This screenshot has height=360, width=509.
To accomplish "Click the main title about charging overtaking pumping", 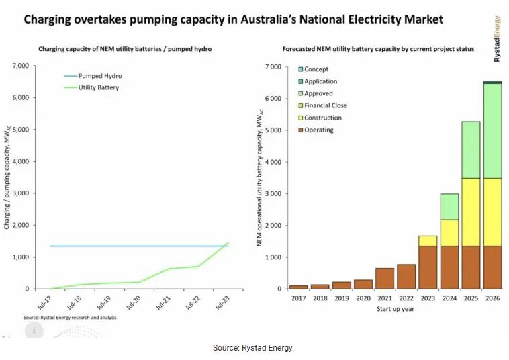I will pyautogui.click(x=233, y=19).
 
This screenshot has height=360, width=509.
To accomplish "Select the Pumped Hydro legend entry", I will pyautogui.click(x=100, y=76).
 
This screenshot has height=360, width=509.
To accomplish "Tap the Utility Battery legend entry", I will pyautogui.click(x=100, y=87).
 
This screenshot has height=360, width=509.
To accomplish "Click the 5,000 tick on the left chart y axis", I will pyautogui.click(x=20, y=130).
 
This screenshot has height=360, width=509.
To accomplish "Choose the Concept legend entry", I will pyautogui.click(x=316, y=69).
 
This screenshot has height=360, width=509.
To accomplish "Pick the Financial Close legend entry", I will pyautogui.click(x=325, y=105).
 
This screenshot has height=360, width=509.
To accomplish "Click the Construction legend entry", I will pyautogui.click(x=322, y=118).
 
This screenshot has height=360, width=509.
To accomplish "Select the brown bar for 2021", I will pyautogui.click(x=385, y=278).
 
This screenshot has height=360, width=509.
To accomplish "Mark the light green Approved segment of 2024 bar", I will pyautogui.click(x=449, y=207).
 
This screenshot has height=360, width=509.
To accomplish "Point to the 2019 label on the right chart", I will pyautogui.click(x=341, y=298).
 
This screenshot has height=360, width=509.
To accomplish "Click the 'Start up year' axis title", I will pyautogui.click(x=395, y=309).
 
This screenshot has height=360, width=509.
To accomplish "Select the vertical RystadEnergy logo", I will pyautogui.click(x=498, y=40).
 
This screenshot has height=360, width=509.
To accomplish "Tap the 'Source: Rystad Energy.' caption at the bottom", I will pyautogui.click(x=254, y=348).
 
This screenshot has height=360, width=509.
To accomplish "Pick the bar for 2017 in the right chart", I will pyautogui.click(x=299, y=287).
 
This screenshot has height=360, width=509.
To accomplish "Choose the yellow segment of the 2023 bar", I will pyautogui.click(x=428, y=241).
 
